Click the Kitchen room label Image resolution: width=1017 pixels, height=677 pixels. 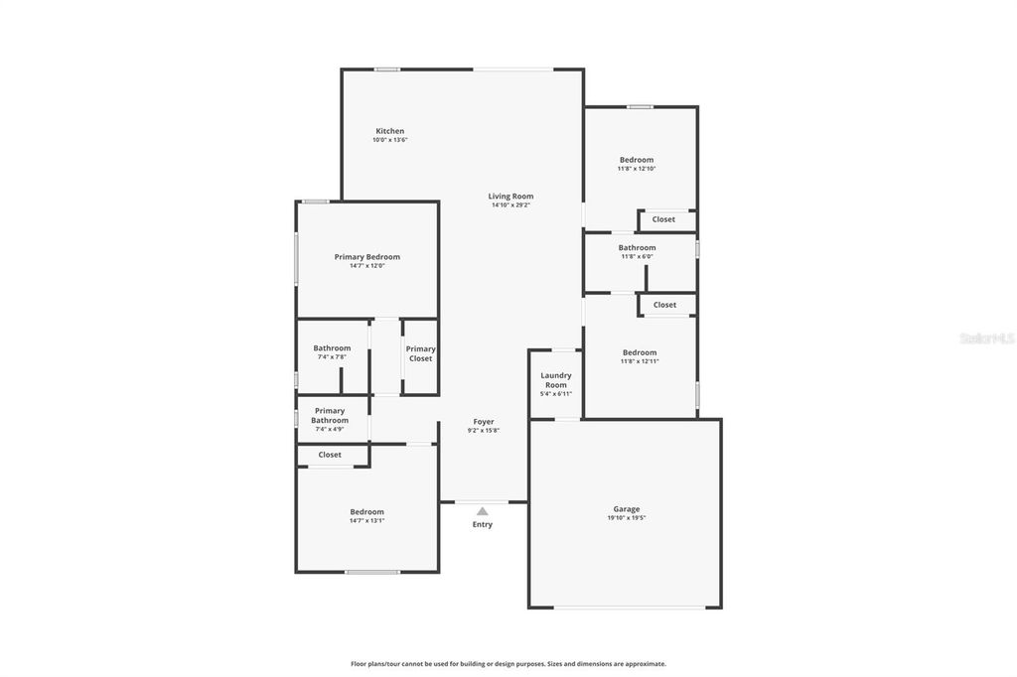tap(389, 131)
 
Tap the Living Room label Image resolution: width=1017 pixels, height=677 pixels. tap(510, 197)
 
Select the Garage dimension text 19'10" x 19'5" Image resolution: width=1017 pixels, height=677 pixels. tap(626, 518)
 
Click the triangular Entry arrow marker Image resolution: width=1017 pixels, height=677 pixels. tap(482, 511)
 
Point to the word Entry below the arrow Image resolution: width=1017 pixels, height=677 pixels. tap(482, 524)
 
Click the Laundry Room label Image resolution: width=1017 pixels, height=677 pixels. tap(555, 380)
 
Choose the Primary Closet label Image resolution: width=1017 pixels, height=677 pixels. tap(420, 353)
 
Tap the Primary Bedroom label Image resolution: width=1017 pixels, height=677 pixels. tap(366, 257)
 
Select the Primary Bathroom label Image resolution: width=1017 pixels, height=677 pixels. tap(329, 415)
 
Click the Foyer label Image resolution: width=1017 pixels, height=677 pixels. tap(483, 422)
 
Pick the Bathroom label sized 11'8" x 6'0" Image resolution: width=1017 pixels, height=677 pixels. tap(637, 248)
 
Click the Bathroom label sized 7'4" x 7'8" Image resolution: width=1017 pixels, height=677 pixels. tap(332, 348)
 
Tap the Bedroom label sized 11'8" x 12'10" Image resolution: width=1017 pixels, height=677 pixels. tap(637, 160)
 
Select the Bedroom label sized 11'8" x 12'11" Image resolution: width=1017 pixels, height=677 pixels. tap(640, 352)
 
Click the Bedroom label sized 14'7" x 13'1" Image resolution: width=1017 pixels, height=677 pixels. tap(366, 512)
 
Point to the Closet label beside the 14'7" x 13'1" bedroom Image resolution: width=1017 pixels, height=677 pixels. tap(330, 455)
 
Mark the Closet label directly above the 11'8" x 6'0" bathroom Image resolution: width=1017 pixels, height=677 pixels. tap(663, 219)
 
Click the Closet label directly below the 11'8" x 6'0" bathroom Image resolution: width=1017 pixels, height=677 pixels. tap(664, 305)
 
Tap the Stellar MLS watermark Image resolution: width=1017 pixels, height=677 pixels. tap(986, 338)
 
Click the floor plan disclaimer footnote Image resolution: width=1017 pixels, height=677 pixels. tap(508, 663)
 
